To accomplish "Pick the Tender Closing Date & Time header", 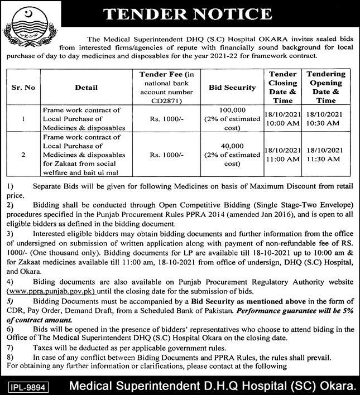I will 282,87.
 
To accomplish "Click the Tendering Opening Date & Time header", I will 327,87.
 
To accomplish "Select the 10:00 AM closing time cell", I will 282,124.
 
